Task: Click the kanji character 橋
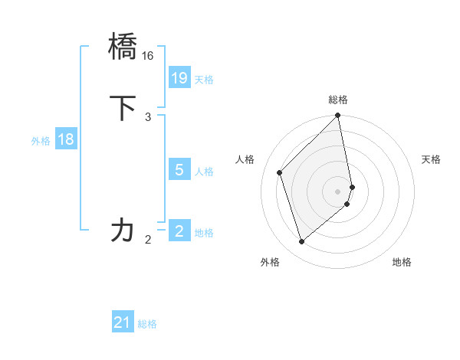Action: click(123, 46)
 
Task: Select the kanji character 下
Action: click(123, 107)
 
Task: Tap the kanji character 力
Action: click(123, 229)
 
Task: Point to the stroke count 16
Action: click(148, 56)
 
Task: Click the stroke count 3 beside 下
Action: click(148, 116)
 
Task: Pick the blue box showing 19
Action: click(179, 78)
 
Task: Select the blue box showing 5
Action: click(179, 170)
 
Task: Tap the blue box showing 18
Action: click(66, 139)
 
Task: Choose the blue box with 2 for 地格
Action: click(179, 231)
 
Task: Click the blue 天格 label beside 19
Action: click(204, 80)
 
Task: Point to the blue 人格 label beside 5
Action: click(204, 172)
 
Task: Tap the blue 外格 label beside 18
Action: click(41, 141)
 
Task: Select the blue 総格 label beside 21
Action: click(147, 325)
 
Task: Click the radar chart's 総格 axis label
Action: click(338, 100)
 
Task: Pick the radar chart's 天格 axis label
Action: click(431, 159)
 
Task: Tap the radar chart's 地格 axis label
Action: click(402, 263)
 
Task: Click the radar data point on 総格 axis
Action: click(338, 116)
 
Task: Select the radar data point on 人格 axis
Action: click(280, 172)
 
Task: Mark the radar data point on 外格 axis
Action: click(302, 242)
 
